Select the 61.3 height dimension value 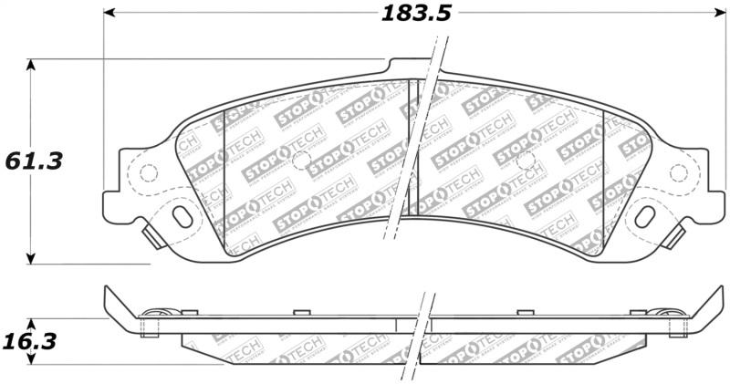pyautogui.click(x=34, y=161)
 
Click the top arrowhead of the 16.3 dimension pyautogui.click(x=32, y=325)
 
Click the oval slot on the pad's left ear pyautogui.click(x=182, y=216)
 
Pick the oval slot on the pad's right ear pyautogui.click(x=646, y=216)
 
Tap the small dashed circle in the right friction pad pyautogui.click(x=525, y=161)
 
